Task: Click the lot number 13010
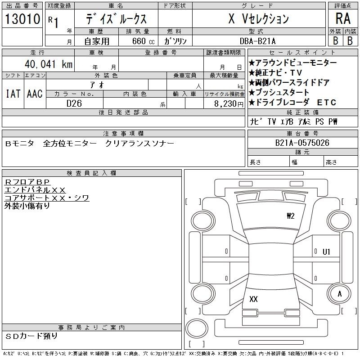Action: coord(22,19)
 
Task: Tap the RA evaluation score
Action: coord(343,18)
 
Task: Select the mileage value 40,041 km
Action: coord(49,64)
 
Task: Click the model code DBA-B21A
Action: coord(257,41)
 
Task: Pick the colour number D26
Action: coord(74,103)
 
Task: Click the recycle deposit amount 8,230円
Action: coord(229,104)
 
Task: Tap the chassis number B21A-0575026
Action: coord(302,143)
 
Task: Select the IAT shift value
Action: coord(13,94)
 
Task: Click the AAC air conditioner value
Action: coord(35,94)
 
